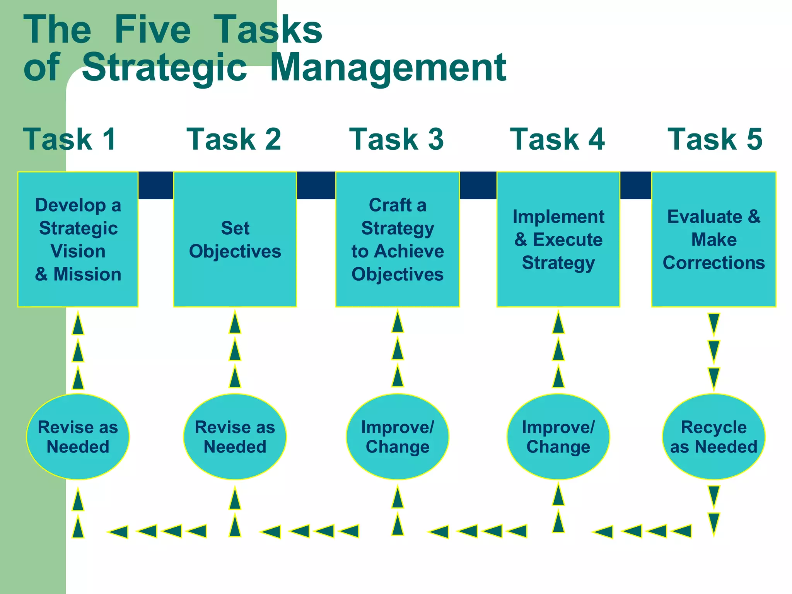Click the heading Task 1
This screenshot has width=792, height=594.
tap(70, 139)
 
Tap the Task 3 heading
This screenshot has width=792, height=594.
tap(396, 139)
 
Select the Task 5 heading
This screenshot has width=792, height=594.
tap(715, 139)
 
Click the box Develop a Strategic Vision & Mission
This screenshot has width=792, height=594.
tap(78, 239)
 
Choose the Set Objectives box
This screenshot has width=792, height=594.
tap(235, 239)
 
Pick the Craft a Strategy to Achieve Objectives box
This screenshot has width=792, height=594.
tap(398, 239)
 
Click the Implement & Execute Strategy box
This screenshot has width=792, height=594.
tap(558, 239)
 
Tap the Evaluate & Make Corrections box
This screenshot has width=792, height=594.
tap(714, 239)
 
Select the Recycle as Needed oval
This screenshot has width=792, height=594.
tap(714, 437)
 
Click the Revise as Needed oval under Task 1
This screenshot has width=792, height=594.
tap(78, 437)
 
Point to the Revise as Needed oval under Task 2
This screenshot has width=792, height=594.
tap(235, 437)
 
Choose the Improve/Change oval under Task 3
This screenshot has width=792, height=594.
tap(398, 437)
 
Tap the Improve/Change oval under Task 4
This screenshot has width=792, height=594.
tap(558, 437)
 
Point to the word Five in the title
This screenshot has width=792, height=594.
tap(153, 30)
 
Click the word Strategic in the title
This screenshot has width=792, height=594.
tap(164, 68)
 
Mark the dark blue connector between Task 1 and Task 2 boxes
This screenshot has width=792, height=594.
tap(156, 185)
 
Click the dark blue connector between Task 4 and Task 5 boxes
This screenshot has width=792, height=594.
tap(636, 185)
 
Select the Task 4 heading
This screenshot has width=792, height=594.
tap(557, 139)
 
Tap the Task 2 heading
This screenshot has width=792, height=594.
tap(234, 139)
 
